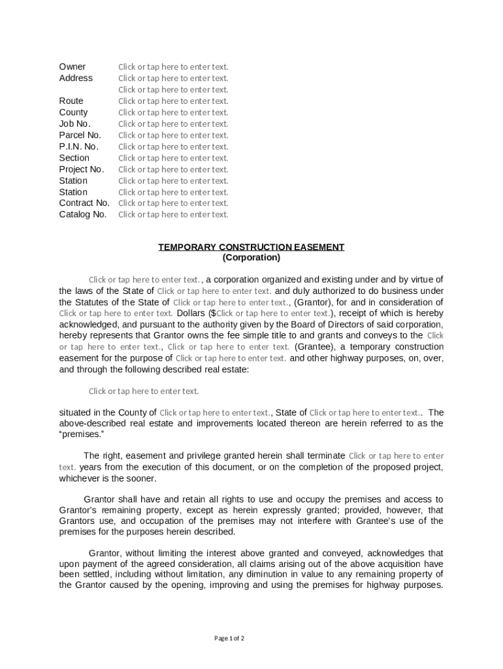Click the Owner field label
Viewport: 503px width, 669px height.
click(x=72, y=67)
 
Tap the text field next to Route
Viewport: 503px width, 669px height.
click(x=173, y=101)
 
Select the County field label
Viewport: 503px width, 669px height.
click(x=73, y=112)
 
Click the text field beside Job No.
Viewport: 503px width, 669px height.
click(x=173, y=124)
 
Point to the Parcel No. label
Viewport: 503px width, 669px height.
click(x=80, y=135)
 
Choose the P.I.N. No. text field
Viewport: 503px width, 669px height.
click(x=173, y=147)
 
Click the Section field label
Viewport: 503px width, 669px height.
click(x=74, y=158)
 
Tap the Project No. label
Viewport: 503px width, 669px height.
click(x=82, y=169)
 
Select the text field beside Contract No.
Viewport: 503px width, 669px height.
click(x=173, y=203)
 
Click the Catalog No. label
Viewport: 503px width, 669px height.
click(x=82, y=214)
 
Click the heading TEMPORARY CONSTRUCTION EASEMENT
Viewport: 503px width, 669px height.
click(x=251, y=247)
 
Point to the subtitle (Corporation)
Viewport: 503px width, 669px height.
click(x=251, y=257)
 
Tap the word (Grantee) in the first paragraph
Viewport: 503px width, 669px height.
click(x=315, y=347)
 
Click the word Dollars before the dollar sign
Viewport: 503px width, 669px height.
click(x=192, y=314)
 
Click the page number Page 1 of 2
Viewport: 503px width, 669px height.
click(x=229, y=638)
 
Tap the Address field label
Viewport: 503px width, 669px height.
click(x=76, y=78)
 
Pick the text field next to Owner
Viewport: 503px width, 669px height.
click(x=173, y=67)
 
